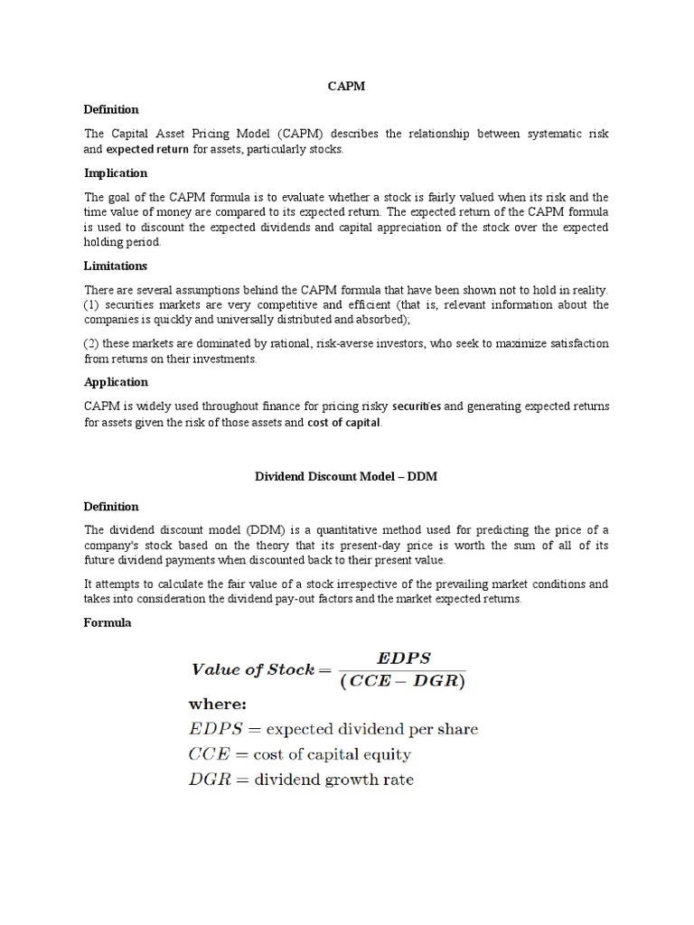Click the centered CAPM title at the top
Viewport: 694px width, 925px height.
coord(346,87)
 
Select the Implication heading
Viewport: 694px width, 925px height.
coord(116,173)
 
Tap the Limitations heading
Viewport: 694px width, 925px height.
coord(116,266)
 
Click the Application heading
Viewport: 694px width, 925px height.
coord(116,382)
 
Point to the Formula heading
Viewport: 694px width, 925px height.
coord(108,622)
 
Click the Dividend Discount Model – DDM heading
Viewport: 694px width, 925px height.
coord(346,476)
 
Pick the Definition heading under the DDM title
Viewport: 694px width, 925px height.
coord(112,507)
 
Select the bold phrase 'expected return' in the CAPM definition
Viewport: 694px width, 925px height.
coord(147,149)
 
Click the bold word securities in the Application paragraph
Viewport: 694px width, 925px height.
coord(417,406)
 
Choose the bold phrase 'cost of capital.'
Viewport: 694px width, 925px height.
coord(345,422)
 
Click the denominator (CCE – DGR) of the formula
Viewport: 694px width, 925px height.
coord(399,682)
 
